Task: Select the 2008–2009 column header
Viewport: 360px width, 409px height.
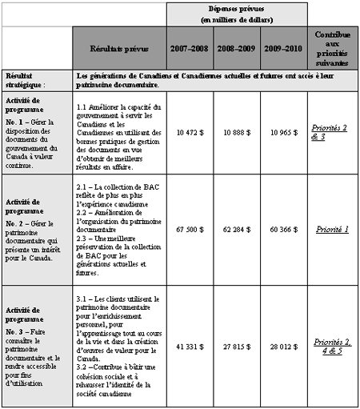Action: (x=238, y=48)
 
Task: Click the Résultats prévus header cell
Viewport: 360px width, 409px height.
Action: (x=120, y=48)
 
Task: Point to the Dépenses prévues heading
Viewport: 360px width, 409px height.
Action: (x=237, y=14)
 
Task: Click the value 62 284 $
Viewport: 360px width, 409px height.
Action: (x=238, y=230)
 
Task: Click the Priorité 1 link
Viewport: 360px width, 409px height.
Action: (x=333, y=230)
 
